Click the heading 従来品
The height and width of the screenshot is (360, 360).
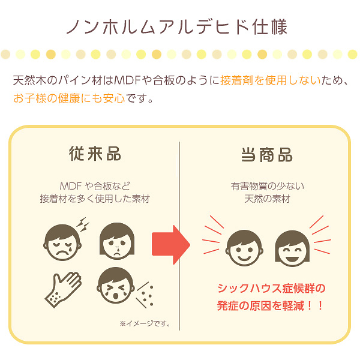tap(95, 154)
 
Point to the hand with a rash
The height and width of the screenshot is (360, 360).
tap(62, 288)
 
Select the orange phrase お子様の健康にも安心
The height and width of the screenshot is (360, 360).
tap(69, 98)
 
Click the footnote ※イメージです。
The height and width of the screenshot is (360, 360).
tap(145, 324)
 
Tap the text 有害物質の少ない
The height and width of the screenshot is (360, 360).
tap(266, 185)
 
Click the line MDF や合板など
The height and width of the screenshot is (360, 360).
tap(95, 185)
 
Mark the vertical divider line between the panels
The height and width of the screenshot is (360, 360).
tap(180, 234)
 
